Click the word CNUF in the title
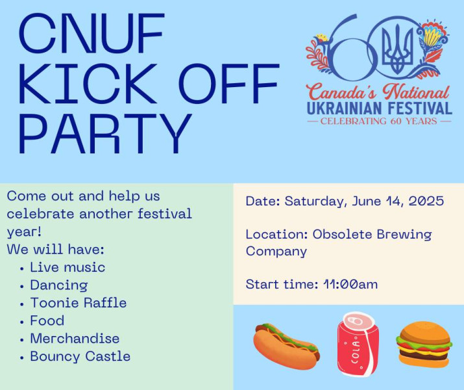point(92,33)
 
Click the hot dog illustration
point(286,346)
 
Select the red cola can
point(358,344)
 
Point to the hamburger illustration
point(424,344)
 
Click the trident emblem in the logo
point(397,49)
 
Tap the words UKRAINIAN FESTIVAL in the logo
point(380,108)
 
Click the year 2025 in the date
point(426,201)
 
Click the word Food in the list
point(47,320)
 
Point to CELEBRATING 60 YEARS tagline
point(379,121)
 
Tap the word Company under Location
point(276,252)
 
